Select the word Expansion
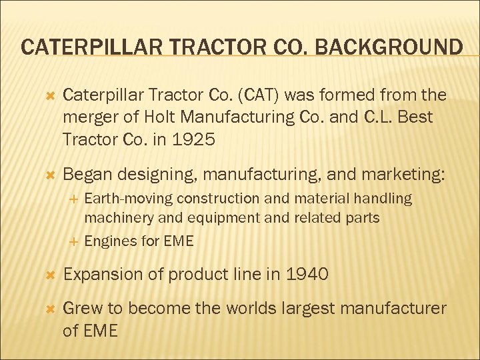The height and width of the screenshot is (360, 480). point(102,274)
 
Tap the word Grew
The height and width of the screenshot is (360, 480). point(81,307)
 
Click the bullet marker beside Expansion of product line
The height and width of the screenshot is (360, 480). point(47,274)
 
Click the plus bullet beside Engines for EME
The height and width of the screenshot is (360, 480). point(75,241)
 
